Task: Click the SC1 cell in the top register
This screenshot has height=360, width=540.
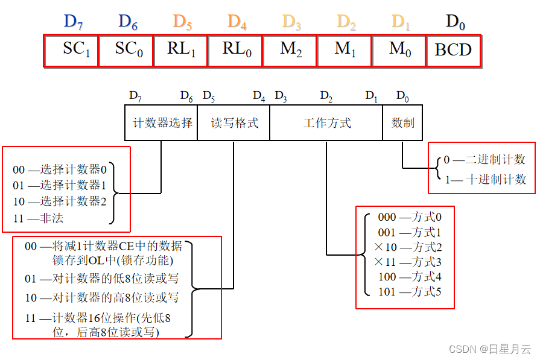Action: click(x=71, y=50)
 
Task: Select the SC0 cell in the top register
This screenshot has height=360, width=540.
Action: click(x=126, y=50)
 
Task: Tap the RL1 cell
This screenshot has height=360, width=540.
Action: click(x=181, y=50)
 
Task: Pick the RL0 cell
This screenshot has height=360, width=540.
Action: click(x=235, y=50)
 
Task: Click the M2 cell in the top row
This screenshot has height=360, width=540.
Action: click(x=290, y=50)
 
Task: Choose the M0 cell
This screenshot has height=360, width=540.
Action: click(x=399, y=50)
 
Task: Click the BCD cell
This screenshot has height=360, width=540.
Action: click(x=453, y=50)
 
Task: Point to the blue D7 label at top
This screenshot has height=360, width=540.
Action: click(x=73, y=22)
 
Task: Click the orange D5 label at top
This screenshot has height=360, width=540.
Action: click(x=182, y=22)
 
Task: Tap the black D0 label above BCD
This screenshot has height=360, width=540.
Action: click(x=455, y=22)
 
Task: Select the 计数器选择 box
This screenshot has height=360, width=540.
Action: click(x=162, y=123)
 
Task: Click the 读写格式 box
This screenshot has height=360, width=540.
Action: click(x=233, y=123)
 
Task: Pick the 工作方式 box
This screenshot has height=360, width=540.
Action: click(x=326, y=123)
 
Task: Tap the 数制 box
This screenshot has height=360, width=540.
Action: click(x=402, y=123)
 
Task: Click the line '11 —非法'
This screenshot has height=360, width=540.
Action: click(x=38, y=218)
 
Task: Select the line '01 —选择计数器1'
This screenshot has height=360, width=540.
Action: click(x=59, y=186)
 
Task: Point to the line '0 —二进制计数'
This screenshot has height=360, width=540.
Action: click(x=484, y=160)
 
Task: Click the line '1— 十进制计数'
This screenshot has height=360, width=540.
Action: click(x=484, y=179)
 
